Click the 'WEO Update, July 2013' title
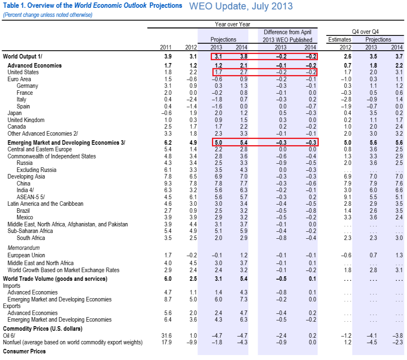(241, 6)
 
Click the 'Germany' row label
(27, 86)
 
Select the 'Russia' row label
(25, 163)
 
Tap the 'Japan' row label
(14, 113)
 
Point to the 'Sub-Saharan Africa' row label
(30, 231)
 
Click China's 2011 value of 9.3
(168, 184)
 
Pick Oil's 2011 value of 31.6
(167, 336)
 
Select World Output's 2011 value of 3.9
(168, 56)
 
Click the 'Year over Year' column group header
(232, 24)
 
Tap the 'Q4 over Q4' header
(365, 32)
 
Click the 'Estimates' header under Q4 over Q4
(339, 40)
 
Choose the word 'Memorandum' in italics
(24, 248)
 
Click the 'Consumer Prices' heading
(24, 351)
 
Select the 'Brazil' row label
(23, 211)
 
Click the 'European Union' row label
(26, 255)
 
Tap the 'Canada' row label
(16, 127)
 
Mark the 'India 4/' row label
(25, 190)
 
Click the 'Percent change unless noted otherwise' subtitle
(48, 15)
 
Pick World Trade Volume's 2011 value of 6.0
(168, 279)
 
